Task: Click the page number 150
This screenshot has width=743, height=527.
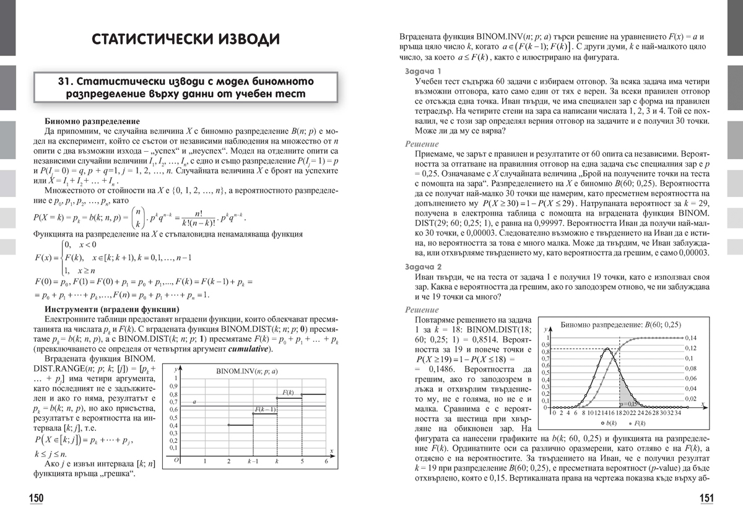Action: click(x=37, y=499)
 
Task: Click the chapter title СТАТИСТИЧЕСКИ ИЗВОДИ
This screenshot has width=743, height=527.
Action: click(x=185, y=40)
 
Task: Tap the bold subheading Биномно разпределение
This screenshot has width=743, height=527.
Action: click(x=92, y=121)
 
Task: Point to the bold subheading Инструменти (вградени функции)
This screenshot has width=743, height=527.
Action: click(x=112, y=309)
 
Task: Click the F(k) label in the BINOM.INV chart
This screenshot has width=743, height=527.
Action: click(x=289, y=392)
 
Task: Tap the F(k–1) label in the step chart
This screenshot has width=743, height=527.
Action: click(x=265, y=409)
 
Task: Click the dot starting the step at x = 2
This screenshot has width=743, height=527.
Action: click(x=229, y=425)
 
